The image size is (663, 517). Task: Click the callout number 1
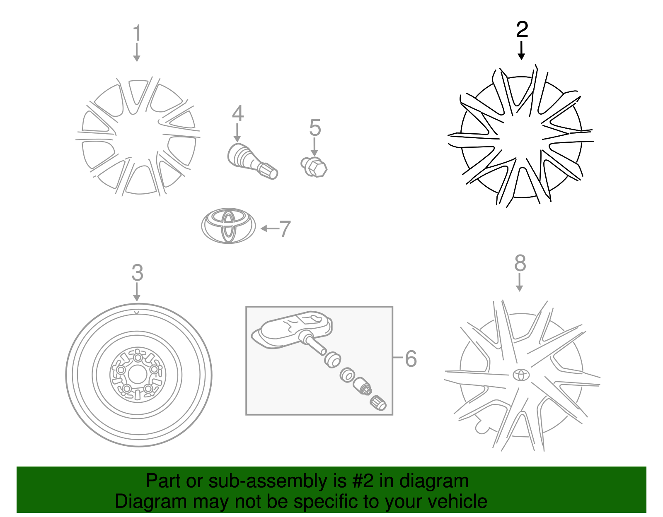(137, 33)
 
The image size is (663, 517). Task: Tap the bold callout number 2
(522, 29)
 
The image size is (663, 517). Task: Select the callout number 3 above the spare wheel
(137, 273)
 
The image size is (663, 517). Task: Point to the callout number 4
(238, 113)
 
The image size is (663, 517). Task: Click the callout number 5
(315, 127)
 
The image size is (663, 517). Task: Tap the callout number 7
(285, 229)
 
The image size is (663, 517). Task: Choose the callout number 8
(520, 263)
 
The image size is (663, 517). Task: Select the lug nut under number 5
(314, 167)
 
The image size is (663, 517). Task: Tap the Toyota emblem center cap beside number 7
(228, 226)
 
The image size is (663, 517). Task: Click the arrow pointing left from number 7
(270, 228)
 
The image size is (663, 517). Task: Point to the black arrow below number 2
(521, 50)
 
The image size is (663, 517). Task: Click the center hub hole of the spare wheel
(137, 375)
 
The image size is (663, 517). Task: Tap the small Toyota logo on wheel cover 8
(521, 375)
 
